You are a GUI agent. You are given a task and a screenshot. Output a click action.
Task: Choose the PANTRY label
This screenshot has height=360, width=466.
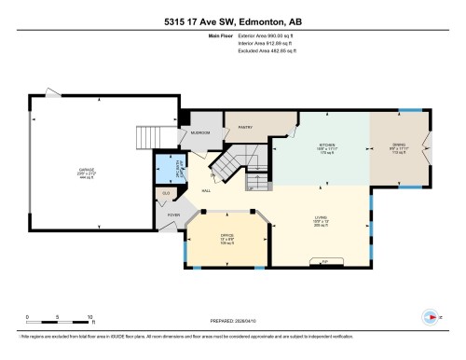point(246,127)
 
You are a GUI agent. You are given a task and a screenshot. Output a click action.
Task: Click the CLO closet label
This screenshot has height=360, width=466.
point(165,194)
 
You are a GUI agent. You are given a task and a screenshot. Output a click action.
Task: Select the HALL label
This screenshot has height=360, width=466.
point(206,191)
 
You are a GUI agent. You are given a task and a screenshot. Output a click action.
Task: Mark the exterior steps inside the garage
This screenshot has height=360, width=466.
point(151,137)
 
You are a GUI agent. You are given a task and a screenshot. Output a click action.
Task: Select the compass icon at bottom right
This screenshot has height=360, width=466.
point(430,314)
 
